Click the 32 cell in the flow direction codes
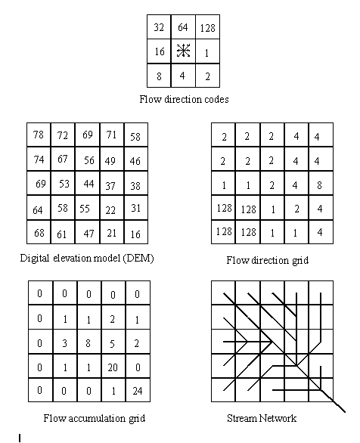point(159,27)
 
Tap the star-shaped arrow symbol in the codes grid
point(183,51)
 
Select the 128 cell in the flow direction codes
point(208,28)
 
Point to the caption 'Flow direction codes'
point(184,100)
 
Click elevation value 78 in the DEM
point(39,135)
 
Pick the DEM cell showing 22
point(110,210)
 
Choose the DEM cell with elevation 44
point(88,184)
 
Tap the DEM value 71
point(111,135)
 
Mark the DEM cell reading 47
point(88,234)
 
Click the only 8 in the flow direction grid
point(319,185)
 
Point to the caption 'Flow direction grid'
point(267,260)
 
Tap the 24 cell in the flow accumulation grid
point(138,391)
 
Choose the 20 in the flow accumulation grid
point(113,367)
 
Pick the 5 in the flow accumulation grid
point(112,343)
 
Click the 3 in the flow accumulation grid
point(65,343)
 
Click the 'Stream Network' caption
point(262,418)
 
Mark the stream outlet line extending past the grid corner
point(339,407)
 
